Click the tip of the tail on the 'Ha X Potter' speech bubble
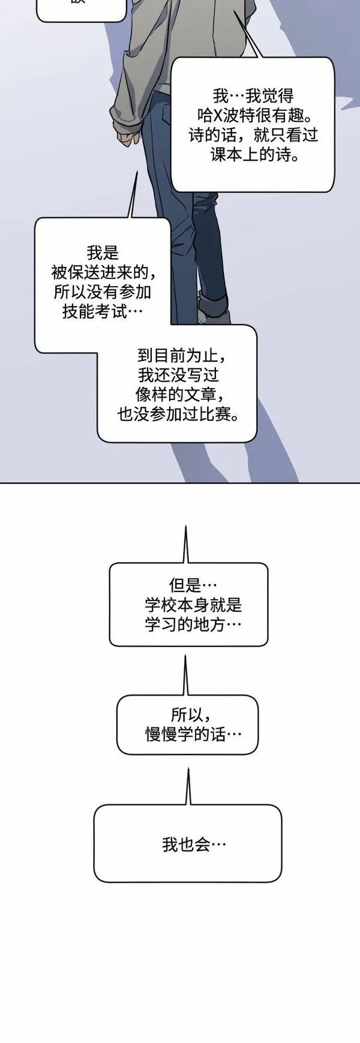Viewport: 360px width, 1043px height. (x=234, y=11)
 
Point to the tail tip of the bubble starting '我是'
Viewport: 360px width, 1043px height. (x=137, y=171)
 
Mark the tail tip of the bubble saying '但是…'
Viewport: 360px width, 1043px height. (x=185, y=527)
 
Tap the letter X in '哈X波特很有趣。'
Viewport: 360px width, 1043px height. (x=218, y=115)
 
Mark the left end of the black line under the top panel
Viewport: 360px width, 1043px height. (x=0, y=482)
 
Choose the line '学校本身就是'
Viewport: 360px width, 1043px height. (x=193, y=605)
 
